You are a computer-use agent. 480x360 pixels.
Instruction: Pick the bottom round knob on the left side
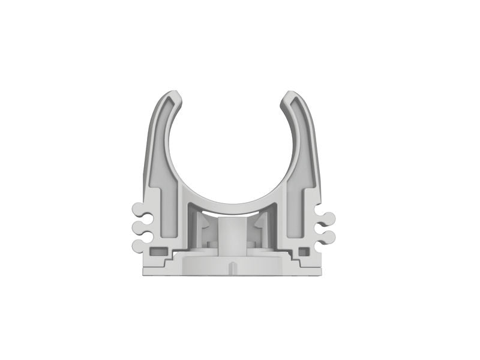click(x=137, y=243)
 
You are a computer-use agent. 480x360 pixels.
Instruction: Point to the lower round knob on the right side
click(x=329, y=235)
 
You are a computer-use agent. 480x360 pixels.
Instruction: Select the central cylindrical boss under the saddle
click(x=232, y=237)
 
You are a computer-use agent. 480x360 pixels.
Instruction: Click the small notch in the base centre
click(x=233, y=265)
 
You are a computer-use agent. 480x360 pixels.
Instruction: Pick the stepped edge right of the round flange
click(x=290, y=259)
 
